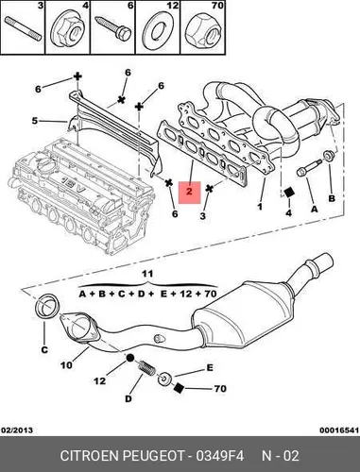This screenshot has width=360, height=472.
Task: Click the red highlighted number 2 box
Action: click(189, 193)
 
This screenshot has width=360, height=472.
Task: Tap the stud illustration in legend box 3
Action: click(24, 28)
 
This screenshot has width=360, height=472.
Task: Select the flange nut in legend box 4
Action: click(68, 31)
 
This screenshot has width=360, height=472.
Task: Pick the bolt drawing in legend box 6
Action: click(113, 28)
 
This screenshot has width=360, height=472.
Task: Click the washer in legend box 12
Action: click(158, 31)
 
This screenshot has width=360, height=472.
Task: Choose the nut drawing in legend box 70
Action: click(203, 31)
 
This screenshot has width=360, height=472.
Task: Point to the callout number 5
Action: click(35, 121)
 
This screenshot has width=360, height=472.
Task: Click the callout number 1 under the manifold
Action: click(260, 207)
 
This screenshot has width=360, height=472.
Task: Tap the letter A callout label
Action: click(314, 209)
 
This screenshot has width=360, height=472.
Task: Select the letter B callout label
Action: click(332, 198)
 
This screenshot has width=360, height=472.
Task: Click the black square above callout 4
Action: click(288, 193)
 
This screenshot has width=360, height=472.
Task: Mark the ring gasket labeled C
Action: click(46, 306)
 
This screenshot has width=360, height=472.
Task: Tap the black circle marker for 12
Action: click(130, 358)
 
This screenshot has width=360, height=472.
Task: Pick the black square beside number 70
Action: click(179, 388)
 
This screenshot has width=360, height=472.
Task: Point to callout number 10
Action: click(66, 365)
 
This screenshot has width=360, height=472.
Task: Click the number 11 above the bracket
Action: click(147, 274)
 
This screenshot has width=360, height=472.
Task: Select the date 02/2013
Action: click(18, 430)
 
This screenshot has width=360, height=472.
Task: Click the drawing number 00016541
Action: click(339, 430)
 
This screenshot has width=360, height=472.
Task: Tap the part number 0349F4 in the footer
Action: click(220, 455)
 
